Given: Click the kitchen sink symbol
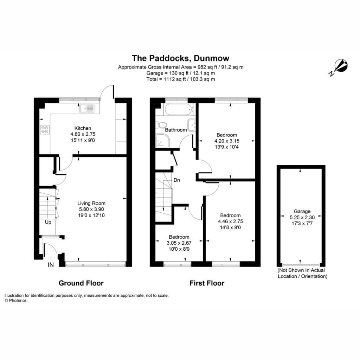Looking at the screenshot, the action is pos(87,108).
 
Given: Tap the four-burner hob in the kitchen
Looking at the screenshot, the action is pos(45,129).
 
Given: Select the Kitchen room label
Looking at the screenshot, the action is pos(83,128).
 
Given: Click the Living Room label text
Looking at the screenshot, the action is pos(91,203).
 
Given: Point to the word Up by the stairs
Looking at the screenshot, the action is pos(48,222).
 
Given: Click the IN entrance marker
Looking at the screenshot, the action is pos(51,265).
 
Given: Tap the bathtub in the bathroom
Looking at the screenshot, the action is pos(178,110).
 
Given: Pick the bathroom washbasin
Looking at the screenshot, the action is pos(192,125).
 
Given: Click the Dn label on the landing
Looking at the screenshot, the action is pos(176,180).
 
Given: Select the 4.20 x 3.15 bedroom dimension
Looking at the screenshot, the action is pos(227,141).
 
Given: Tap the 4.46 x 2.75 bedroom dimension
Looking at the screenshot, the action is pos(230,221).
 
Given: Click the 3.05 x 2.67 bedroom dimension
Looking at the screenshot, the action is pos(179,243).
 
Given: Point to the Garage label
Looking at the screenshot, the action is pos(302,211).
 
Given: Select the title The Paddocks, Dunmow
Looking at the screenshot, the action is pos(180,58).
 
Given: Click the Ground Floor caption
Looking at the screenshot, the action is pos(81,283).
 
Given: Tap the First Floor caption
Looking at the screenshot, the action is pos(207,283).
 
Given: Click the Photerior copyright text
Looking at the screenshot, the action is pos(15,301).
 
